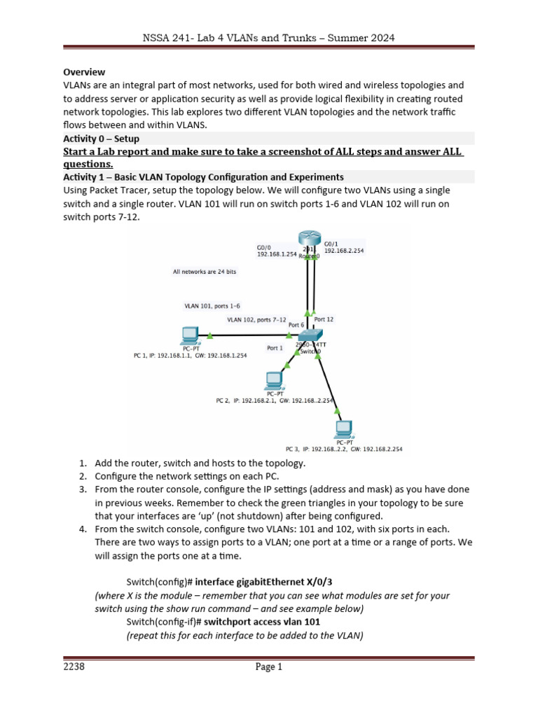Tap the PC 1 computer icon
188,335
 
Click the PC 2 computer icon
273,381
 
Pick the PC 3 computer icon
343,429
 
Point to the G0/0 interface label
265,246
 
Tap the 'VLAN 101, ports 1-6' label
212,305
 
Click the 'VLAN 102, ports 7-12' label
256,320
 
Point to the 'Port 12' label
324,319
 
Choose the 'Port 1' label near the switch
275,347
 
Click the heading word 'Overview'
84,71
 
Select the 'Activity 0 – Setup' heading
101,139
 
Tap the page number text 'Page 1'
269,667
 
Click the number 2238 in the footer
74,667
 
